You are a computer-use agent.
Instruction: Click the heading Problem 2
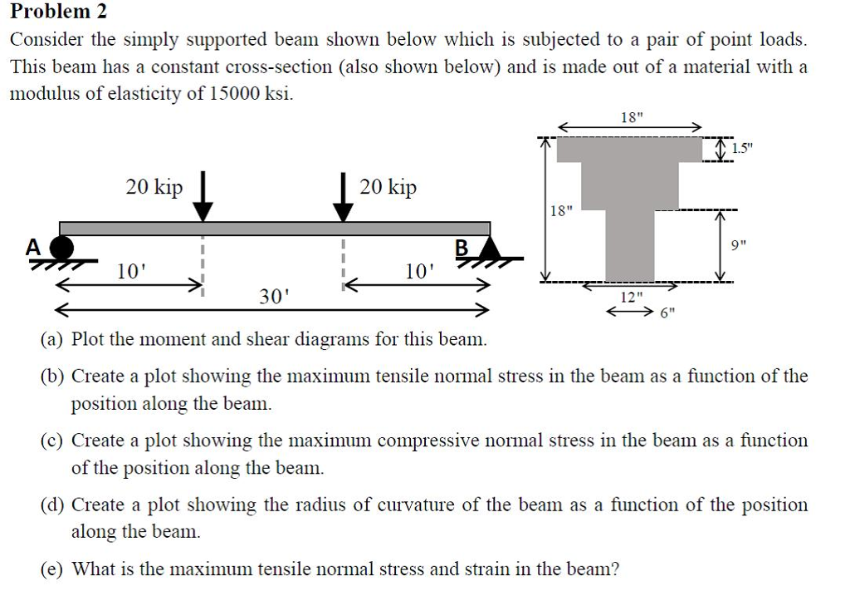point(58,12)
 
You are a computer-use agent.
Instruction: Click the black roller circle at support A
point(62,248)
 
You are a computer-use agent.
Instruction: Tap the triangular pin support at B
point(491,247)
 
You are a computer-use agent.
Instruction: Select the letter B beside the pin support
point(462,248)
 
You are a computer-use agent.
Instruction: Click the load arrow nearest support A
point(202,199)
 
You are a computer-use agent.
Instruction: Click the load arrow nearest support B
point(341,199)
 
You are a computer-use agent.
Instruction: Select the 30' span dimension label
point(272,297)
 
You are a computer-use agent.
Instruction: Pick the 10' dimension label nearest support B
point(418,271)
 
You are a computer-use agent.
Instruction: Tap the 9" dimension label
point(739,245)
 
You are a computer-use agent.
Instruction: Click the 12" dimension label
point(632,297)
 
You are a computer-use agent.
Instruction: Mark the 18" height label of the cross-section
point(560,211)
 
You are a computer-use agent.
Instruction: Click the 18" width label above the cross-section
point(631,116)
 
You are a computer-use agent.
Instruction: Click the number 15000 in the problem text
point(232,93)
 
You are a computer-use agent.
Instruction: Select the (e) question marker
point(53,569)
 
